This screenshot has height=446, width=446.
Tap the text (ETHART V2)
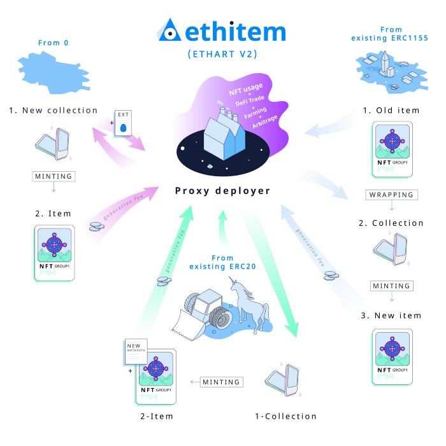pos(223,55)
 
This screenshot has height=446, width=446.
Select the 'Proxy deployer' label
pos(224,191)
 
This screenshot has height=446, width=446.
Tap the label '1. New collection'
pos(54,110)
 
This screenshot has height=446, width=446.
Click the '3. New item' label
pos(392,316)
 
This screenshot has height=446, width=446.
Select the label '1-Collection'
pos(285,416)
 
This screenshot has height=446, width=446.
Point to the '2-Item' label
pos(156,416)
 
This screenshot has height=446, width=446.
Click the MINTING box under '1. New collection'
pos(54,176)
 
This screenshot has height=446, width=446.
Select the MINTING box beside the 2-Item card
pos(222,382)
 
